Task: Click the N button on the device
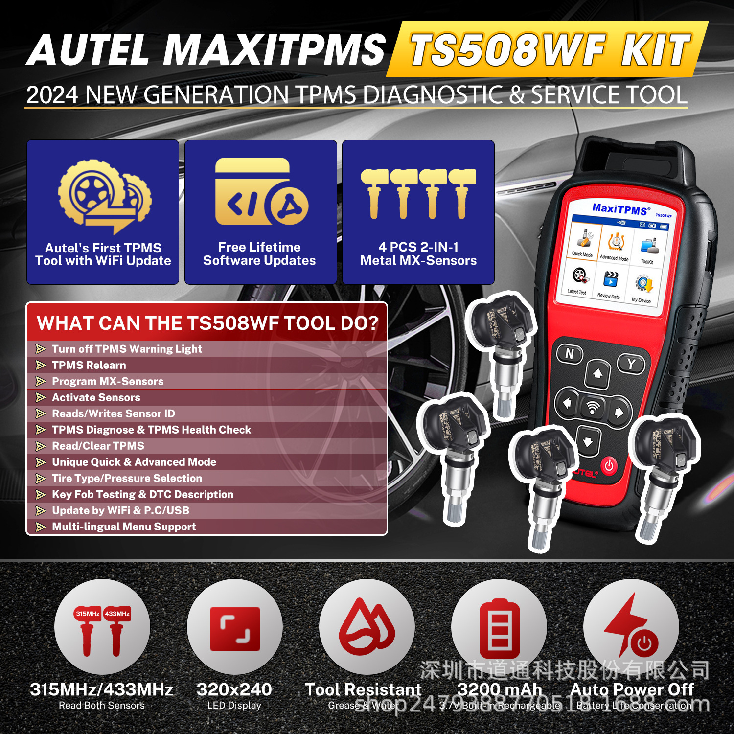point(570,353)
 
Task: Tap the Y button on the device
point(631,364)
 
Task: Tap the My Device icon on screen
point(642,288)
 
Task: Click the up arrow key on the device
point(597,374)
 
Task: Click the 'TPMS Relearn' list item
point(89,365)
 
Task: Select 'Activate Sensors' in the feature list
point(96,397)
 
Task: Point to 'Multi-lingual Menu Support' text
point(124,527)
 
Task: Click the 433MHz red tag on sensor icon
point(117,614)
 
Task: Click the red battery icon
point(499,628)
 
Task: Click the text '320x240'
point(234,689)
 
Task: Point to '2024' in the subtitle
point(52,95)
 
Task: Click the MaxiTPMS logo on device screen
point(620,209)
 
